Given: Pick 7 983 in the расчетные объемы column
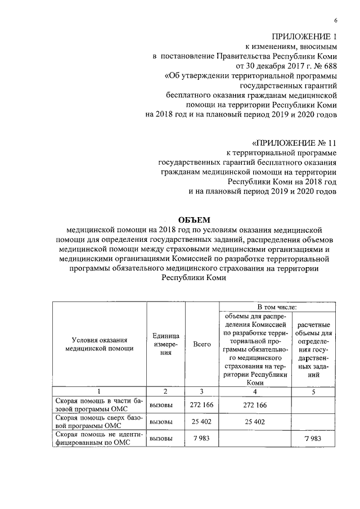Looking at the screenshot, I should click(x=314, y=439).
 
